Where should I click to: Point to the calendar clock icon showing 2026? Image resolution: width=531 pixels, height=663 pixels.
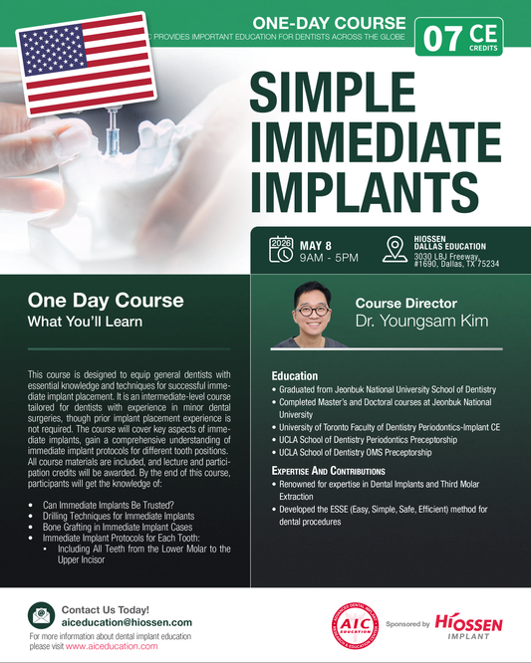[x=283, y=249]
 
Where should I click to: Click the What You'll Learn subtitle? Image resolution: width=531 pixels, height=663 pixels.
[x=71, y=322]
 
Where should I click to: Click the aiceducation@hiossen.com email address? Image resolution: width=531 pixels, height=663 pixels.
[x=133, y=620]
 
